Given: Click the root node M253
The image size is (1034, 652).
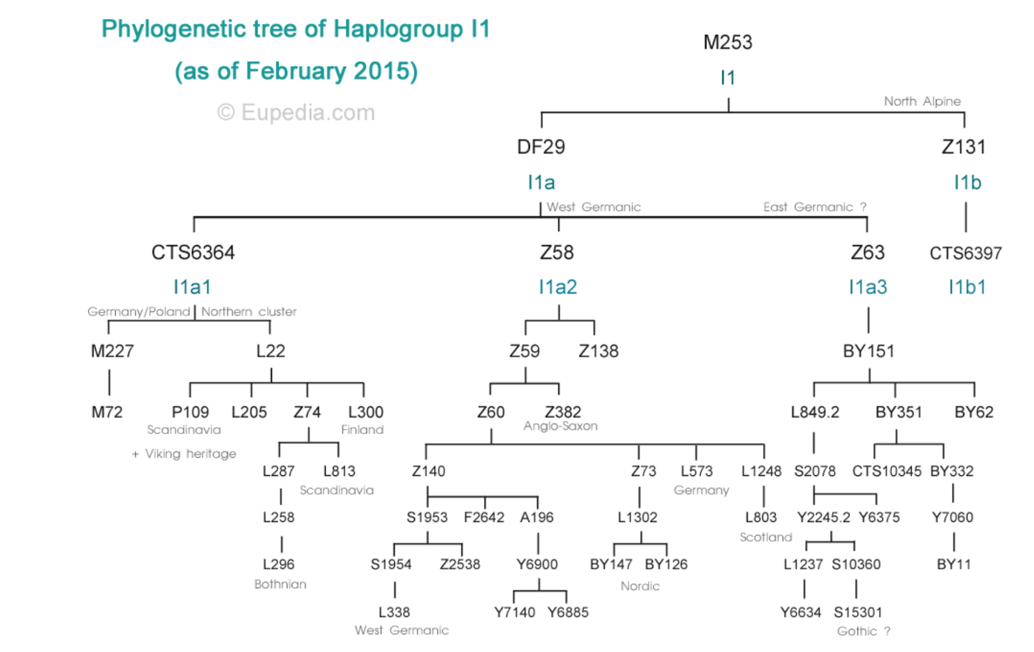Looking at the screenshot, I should point(728,43).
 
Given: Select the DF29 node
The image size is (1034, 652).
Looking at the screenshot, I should point(541,147).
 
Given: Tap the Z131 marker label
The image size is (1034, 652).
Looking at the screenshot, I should point(964,147).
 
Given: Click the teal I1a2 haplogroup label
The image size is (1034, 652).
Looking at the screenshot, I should point(558,287).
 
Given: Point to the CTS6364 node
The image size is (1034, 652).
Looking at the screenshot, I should point(193,252).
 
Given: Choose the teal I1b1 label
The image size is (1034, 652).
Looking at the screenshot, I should point(967,287).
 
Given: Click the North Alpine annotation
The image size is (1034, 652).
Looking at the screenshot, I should point(922,102).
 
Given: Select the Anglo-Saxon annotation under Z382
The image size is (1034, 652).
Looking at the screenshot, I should point(560,426).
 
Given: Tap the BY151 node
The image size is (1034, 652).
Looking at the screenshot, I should point(869,351).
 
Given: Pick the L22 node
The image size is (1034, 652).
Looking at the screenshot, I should point(270,351).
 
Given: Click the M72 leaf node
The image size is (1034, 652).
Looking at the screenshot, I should point(107,412).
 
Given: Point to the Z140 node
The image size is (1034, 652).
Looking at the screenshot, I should point(428,471).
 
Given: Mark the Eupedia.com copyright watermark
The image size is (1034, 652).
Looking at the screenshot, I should point(296,113).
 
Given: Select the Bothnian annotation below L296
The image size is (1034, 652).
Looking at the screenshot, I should point(280,584).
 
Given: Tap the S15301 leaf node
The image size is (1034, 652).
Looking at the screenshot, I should point(858,612).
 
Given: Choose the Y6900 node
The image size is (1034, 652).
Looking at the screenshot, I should point(537,564).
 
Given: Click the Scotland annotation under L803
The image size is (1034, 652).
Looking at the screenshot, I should point(766,537).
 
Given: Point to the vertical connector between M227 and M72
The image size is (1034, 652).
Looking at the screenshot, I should point(109,382).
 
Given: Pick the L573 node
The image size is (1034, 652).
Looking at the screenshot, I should point(697,471).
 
